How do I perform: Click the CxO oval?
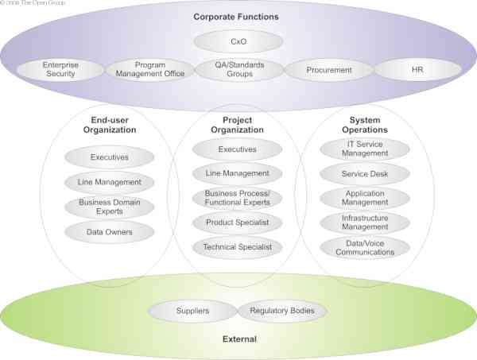[x=238, y=41]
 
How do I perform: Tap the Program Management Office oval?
[x=149, y=69]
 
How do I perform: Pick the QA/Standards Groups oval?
[x=238, y=69]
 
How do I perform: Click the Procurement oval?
[x=328, y=70]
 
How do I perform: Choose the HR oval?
[x=417, y=70]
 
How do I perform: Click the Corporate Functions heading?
[x=238, y=16]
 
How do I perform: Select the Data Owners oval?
[x=109, y=232]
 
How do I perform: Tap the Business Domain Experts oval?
[x=109, y=207]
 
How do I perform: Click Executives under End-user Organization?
[x=109, y=157]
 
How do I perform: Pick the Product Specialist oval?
[x=237, y=223]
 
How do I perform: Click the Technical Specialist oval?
[x=237, y=247]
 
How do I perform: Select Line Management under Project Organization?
[x=237, y=173]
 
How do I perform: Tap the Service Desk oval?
[x=365, y=172]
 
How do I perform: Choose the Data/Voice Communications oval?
[x=365, y=247]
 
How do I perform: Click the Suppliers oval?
[x=192, y=311]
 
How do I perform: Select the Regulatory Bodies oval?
[x=281, y=311]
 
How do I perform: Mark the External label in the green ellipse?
[x=238, y=339]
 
